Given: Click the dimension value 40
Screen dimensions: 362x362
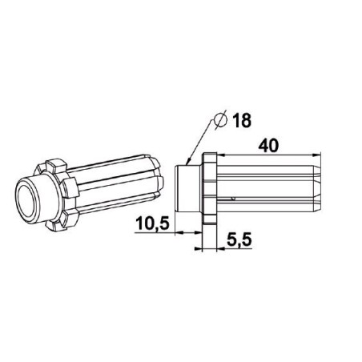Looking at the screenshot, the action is point(268,146).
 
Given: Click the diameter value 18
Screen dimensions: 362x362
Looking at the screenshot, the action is point(242,120).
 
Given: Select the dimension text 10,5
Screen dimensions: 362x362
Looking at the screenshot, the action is point(152,223).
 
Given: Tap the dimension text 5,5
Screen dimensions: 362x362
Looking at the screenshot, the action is point(239,239).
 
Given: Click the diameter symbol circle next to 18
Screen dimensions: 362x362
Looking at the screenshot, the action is point(221,120).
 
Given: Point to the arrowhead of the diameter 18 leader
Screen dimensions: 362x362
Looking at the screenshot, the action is point(188,162).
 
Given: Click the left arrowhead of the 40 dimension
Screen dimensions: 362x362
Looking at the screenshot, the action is point(222,155).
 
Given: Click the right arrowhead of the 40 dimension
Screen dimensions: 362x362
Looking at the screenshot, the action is point(316,155).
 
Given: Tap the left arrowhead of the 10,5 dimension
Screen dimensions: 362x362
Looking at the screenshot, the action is point(179,233).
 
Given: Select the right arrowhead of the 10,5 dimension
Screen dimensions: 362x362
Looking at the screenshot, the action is point(198,233).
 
